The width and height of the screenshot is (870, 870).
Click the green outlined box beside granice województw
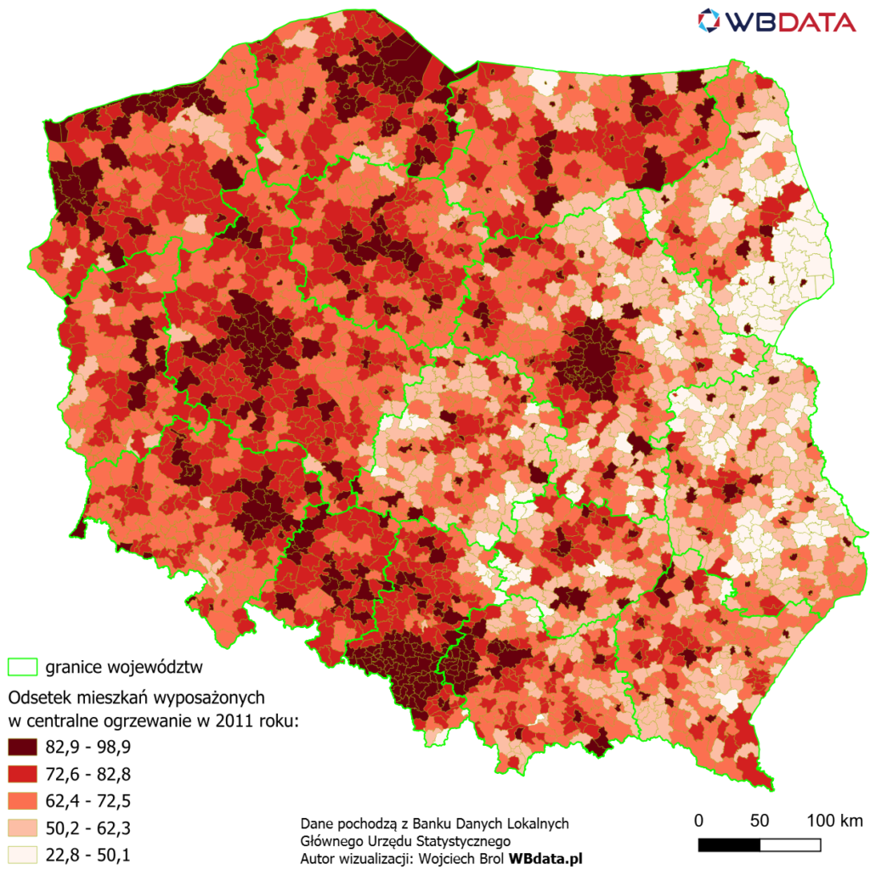pos(24,665)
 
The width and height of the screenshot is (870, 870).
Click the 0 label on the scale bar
pos(698,821)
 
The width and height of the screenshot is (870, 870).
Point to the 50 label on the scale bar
pos(760,821)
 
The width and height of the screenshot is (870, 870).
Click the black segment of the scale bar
pos(729,845)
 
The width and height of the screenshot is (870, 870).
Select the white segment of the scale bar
pos(790,845)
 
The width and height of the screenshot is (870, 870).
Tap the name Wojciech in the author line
pos(438,859)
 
